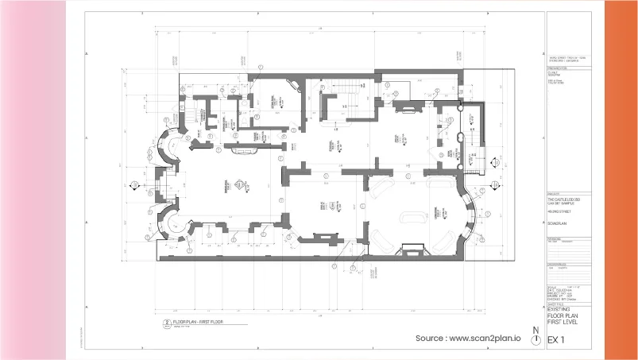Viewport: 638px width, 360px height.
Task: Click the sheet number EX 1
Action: click(556, 341)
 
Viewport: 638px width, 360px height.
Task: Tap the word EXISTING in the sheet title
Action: click(561, 308)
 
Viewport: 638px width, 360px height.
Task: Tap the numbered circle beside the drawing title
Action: click(166, 323)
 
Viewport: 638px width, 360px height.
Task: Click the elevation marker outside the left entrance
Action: click(135, 187)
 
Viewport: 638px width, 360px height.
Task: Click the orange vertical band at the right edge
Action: click(621, 180)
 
